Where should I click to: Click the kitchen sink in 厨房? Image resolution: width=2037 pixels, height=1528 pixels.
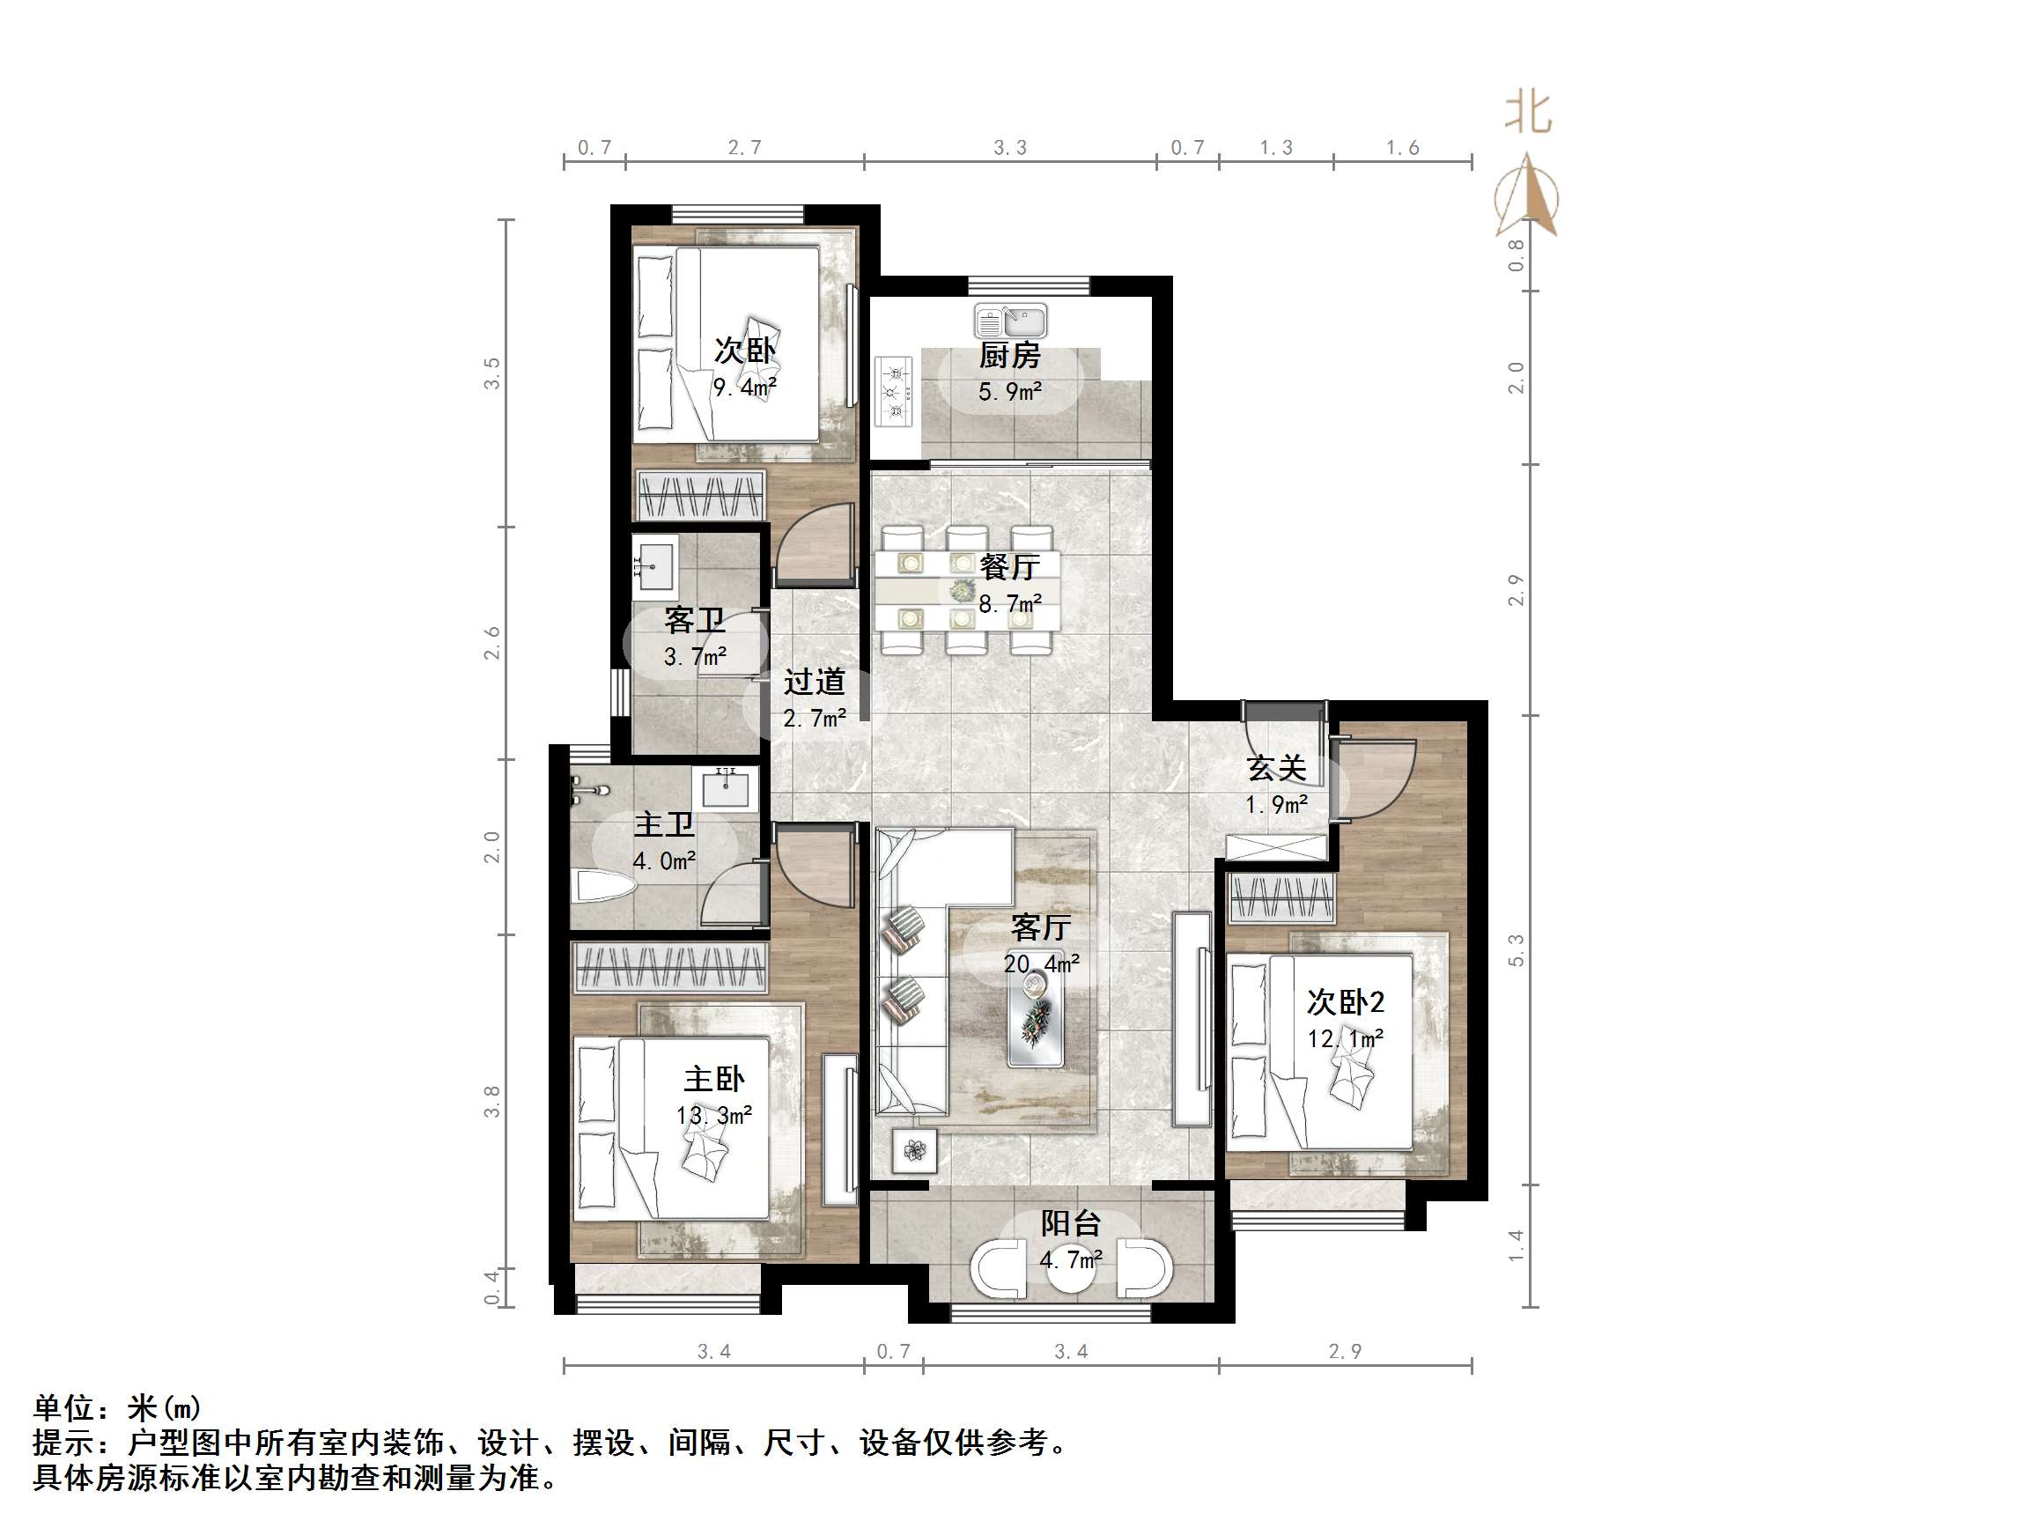pos(1010,321)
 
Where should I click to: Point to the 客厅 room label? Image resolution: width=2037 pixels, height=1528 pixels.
pos(1041,927)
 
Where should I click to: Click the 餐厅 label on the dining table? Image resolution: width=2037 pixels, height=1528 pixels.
pos(1009,566)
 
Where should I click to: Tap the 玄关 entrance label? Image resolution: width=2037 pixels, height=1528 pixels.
pos(1276,768)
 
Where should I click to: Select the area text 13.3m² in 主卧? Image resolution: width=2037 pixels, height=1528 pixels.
pos(713,1115)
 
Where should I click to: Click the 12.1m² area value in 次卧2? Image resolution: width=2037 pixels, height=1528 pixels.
pos(1346,1039)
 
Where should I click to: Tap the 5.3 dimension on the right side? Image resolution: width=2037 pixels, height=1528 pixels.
pos(1516,950)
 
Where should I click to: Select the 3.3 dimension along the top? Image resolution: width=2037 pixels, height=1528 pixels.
pos(1009,147)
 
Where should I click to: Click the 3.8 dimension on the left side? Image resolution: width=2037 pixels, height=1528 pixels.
pos(491,1102)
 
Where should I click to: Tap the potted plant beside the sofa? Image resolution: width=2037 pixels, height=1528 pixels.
pos(914,1150)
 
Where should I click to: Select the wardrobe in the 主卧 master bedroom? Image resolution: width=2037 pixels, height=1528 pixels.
pos(669,967)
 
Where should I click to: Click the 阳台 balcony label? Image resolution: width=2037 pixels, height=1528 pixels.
pos(1071,1223)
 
